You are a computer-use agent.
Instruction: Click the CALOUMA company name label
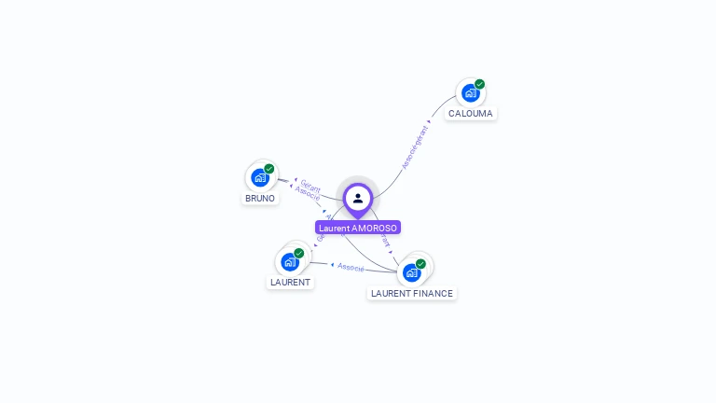[470, 114]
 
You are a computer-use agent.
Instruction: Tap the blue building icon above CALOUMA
[470, 93]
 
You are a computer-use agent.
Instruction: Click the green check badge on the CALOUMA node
[480, 84]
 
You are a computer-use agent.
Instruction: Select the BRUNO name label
[260, 199]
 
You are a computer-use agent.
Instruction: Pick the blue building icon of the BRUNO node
[259, 177]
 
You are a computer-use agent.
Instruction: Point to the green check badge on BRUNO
[269, 169]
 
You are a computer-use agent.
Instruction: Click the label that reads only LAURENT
[290, 282]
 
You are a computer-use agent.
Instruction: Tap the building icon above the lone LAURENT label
[289, 262]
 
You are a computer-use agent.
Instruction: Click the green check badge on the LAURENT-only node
[299, 253]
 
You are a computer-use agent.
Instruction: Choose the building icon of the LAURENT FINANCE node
[410, 272]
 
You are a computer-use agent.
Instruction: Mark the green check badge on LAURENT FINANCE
[420, 264]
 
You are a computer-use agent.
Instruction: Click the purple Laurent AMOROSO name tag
[358, 228]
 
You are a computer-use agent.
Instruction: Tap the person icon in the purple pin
[358, 198]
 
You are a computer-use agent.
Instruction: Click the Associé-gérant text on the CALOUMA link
[415, 146]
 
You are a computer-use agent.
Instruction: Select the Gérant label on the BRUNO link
[310, 187]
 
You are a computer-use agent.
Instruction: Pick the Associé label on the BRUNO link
[308, 194]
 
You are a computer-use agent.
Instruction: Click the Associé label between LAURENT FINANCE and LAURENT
[351, 268]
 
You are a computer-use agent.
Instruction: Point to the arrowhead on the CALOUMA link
[429, 121]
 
